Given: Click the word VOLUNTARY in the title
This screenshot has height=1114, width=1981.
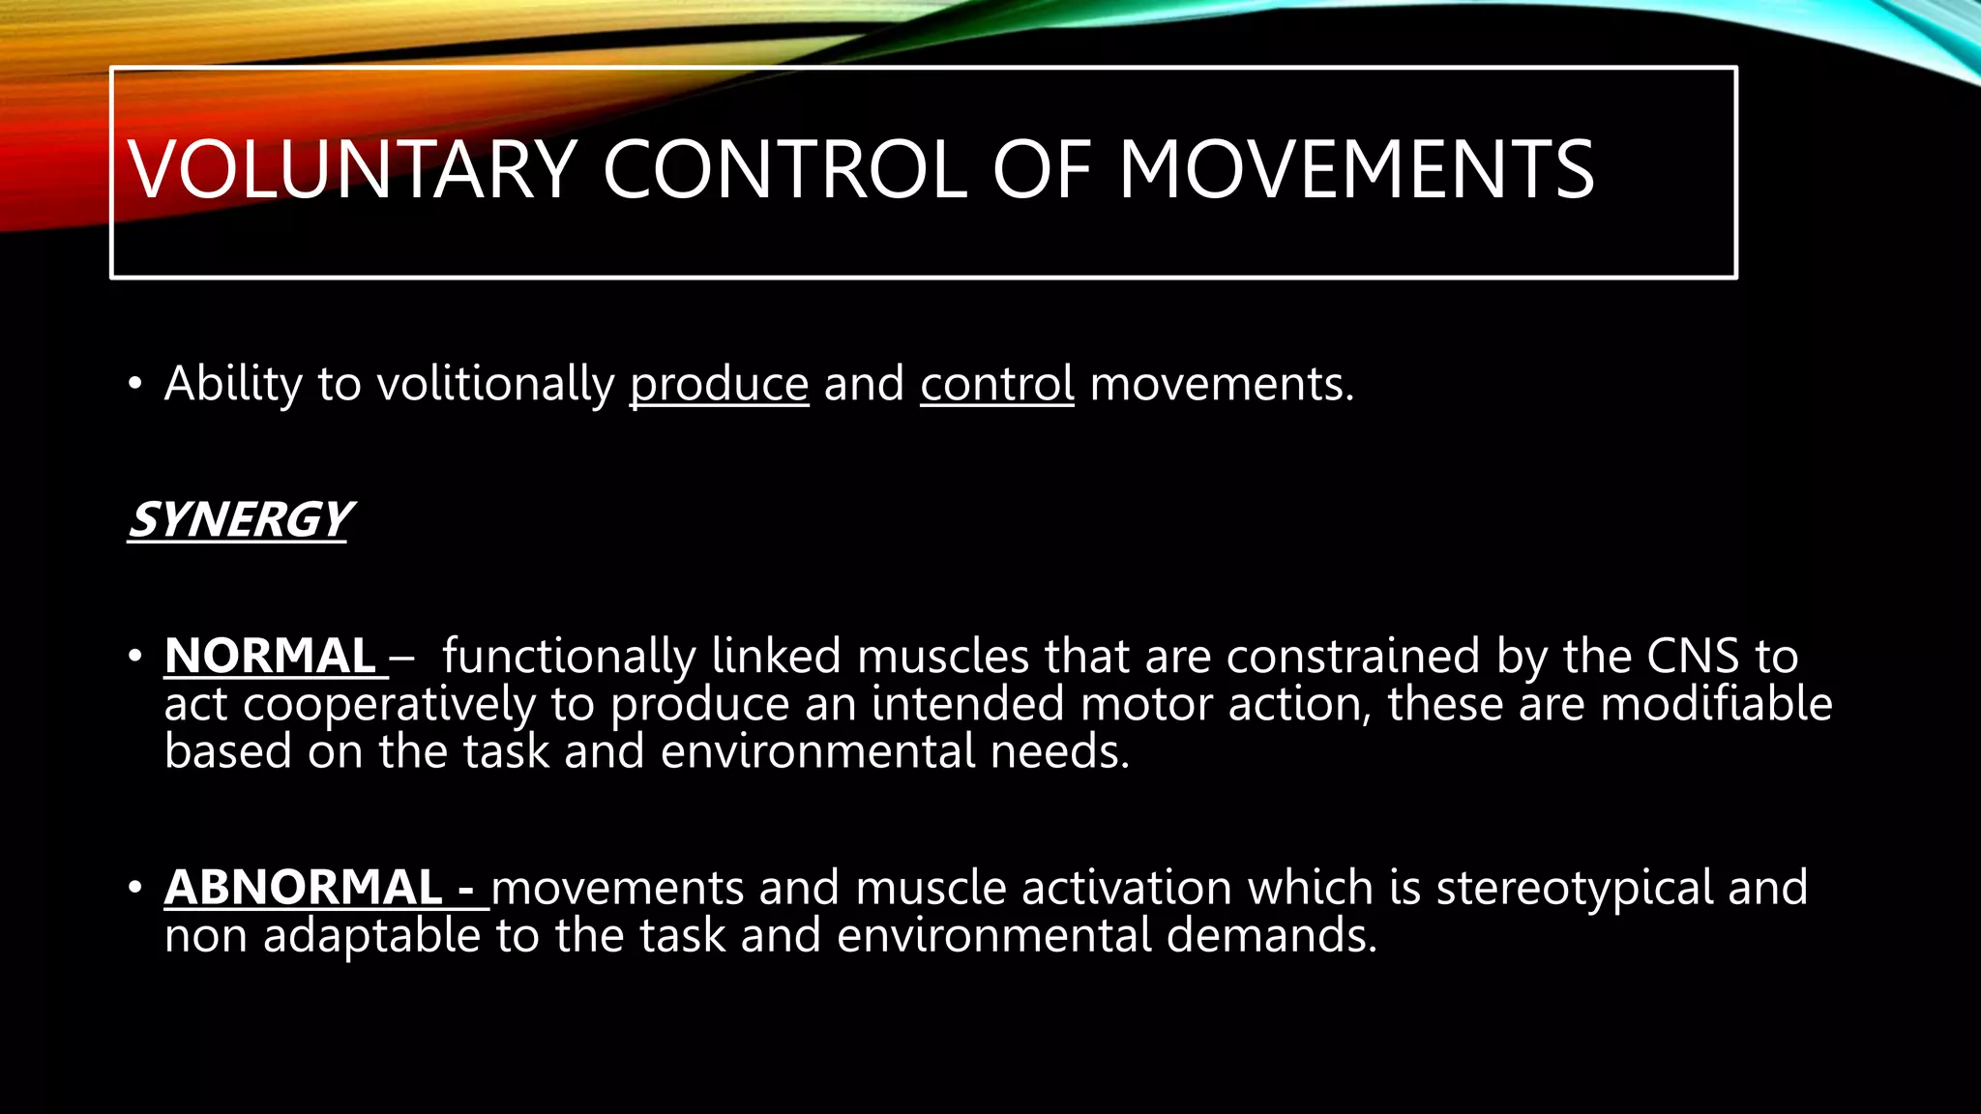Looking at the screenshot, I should pyautogui.click(x=352, y=170).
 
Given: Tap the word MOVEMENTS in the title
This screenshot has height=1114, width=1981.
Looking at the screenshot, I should pyautogui.click(x=1356, y=170).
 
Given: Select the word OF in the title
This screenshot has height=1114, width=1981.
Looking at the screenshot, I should pyautogui.click(x=1042, y=170).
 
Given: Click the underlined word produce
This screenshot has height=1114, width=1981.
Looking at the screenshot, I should pyautogui.click(x=719, y=385).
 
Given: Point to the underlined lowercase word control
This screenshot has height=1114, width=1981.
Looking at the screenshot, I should pyautogui.click(x=996, y=384).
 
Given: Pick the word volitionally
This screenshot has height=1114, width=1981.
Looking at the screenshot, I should pyautogui.click(x=495, y=385).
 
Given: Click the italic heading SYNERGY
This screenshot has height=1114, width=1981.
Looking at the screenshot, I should pyautogui.click(x=239, y=519).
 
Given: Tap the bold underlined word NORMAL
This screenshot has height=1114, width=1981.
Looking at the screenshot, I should pyautogui.click(x=270, y=656).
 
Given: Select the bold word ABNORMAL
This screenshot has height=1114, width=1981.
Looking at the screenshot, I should pyautogui.click(x=304, y=888).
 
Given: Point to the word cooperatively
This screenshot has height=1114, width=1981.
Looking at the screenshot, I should pyautogui.click(x=389, y=705).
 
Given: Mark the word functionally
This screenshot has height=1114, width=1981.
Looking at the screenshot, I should pyautogui.click(x=569, y=656).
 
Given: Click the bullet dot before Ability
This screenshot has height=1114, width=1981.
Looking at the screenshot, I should pyautogui.click(x=135, y=385).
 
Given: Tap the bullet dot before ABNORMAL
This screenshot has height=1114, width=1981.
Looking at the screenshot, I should pyautogui.click(x=135, y=888).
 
